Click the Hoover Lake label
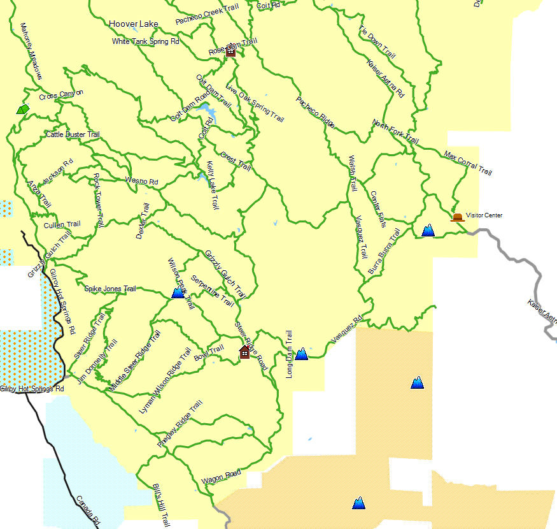tap(133, 24)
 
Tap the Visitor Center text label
tap(484, 215)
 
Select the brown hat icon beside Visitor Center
tap(457, 217)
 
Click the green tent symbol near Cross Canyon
tap(23, 109)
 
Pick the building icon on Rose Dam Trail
tap(230, 52)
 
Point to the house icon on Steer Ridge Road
tap(244, 352)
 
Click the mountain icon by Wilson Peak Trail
tap(178, 293)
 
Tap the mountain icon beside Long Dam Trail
tap(301, 353)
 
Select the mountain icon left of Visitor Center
tap(428, 230)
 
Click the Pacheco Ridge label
tap(315, 112)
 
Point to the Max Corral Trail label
tap(468, 163)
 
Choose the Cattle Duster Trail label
tap(73, 135)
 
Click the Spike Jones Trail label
tap(110, 289)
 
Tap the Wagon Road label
tap(221, 476)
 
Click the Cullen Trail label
tap(62, 224)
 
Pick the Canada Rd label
tap(88, 510)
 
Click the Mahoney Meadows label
tap(30, 52)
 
